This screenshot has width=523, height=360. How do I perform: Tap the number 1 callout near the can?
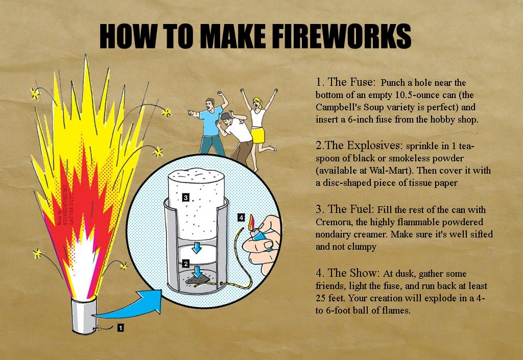click(x=121, y=328)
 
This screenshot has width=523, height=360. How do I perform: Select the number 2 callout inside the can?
click(x=186, y=264)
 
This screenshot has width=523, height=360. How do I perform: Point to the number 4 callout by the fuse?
click(x=241, y=217)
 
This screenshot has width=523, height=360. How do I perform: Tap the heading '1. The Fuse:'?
click(x=346, y=82)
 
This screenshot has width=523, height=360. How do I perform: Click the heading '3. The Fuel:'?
click(x=345, y=209)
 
